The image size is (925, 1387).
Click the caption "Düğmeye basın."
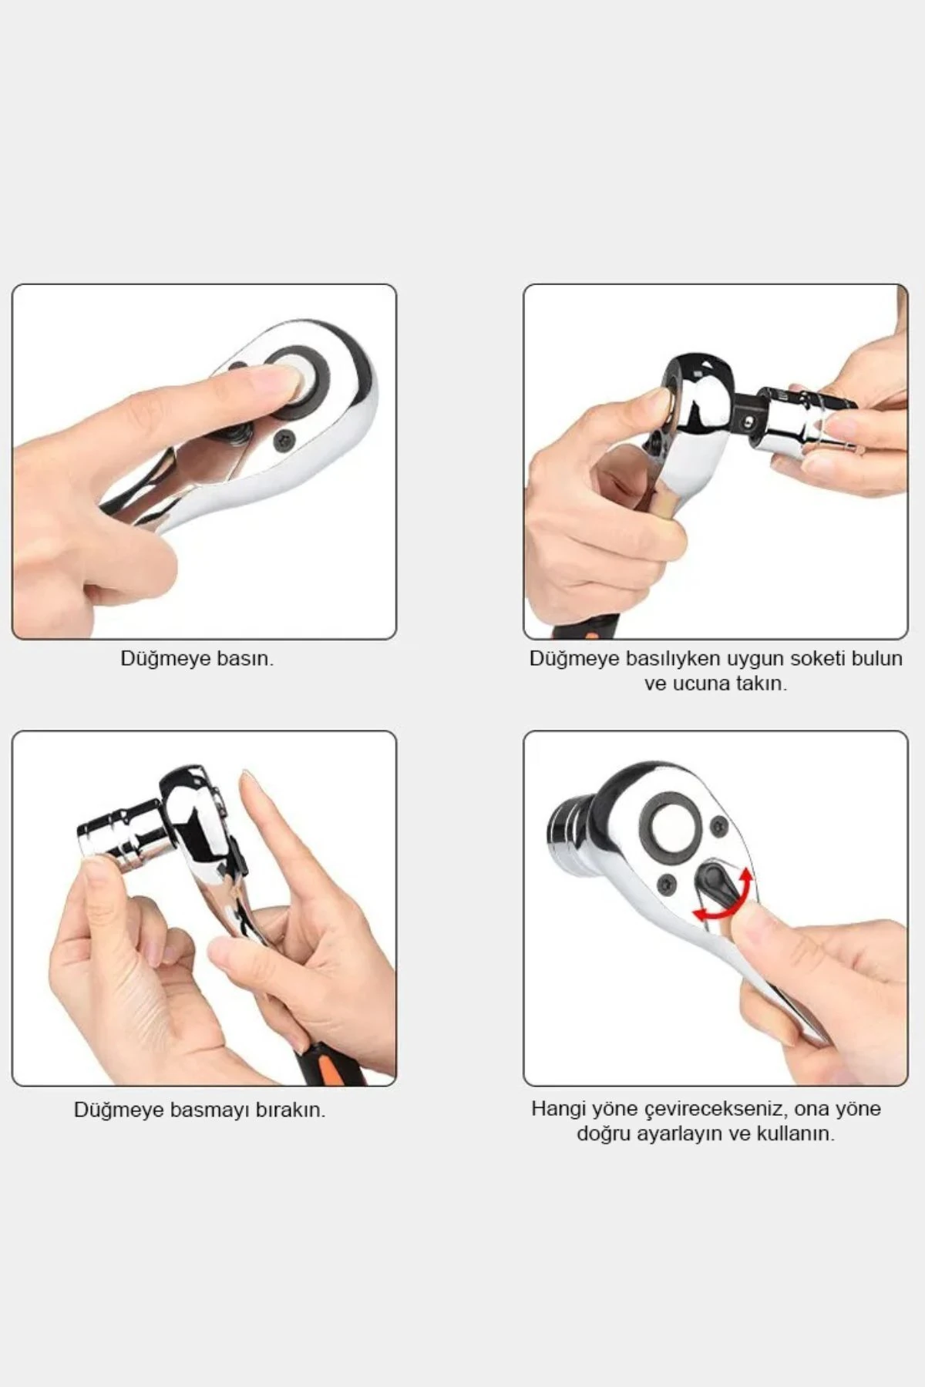(197, 659)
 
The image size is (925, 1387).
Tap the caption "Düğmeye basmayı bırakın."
(200, 1110)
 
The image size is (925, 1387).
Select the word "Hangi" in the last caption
(558, 1109)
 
